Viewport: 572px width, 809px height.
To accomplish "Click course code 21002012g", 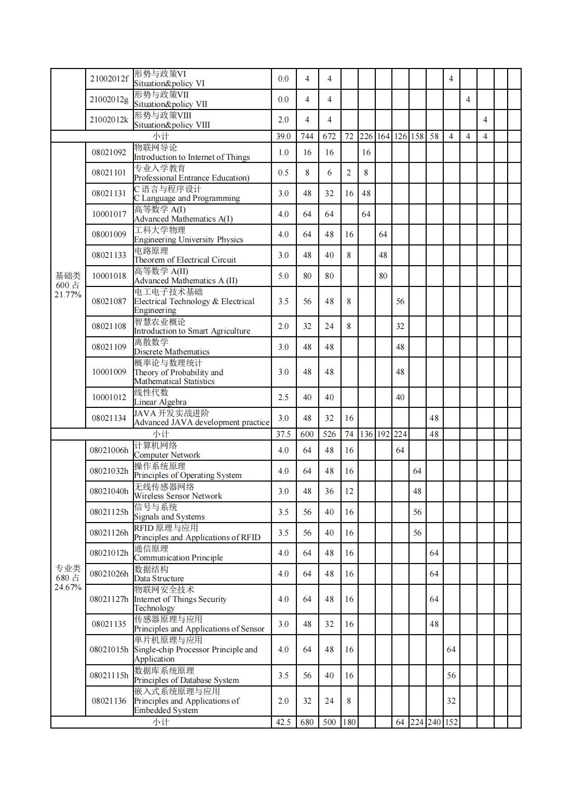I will [x=108, y=100].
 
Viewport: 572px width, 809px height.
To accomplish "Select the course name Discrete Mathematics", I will [x=171, y=347].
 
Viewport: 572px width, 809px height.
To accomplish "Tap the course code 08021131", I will [x=108, y=194].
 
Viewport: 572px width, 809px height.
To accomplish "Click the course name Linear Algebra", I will [x=160, y=397].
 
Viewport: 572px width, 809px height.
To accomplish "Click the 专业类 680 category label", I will [x=68, y=578].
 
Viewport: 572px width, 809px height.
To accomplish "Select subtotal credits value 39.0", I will [x=283, y=136].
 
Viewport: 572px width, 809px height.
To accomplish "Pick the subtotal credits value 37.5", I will [x=283, y=434].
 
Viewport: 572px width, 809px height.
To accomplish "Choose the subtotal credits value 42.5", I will [x=283, y=722].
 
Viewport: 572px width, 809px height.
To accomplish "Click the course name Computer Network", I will [x=167, y=450].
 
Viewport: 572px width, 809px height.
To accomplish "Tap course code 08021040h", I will [x=108, y=491].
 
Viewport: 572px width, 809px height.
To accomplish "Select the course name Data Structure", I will [x=159, y=574].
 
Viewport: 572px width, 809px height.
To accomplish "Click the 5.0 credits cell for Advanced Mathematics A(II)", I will [x=283, y=276].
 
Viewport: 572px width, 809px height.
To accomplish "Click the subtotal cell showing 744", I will [x=307, y=136].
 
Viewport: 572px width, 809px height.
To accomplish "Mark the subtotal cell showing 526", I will [x=329, y=434].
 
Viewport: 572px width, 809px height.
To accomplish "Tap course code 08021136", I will [x=108, y=701].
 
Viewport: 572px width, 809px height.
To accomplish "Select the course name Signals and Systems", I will [x=169, y=512].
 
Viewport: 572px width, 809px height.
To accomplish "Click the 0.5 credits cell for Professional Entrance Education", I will [x=283, y=173].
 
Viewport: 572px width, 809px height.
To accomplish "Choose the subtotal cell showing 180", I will [x=349, y=722].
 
